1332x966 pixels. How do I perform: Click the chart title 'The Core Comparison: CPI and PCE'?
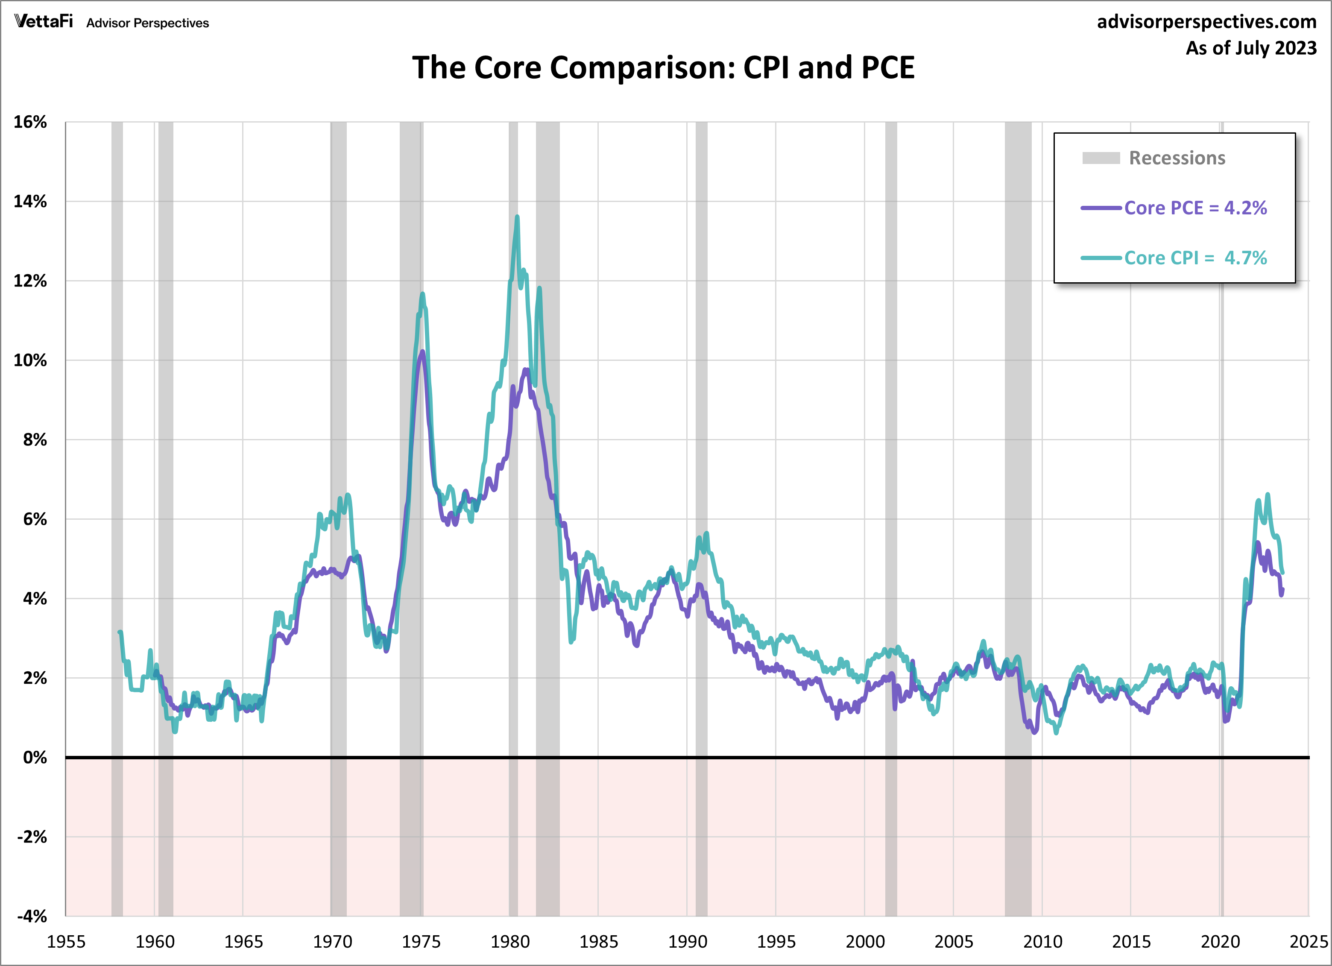click(x=663, y=67)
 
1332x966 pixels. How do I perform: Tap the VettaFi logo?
click(x=44, y=22)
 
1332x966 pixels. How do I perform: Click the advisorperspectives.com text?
click(x=1206, y=22)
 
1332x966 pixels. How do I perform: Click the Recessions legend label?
click(x=1177, y=158)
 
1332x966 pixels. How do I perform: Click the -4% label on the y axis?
click(x=32, y=916)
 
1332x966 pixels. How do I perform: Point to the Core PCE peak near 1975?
click(x=422, y=352)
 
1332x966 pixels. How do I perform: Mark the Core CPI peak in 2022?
click(x=1268, y=495)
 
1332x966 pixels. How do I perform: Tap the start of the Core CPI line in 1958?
click(x=120, y=632)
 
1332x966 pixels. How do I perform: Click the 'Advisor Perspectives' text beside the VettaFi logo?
click(x=147, y=23)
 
